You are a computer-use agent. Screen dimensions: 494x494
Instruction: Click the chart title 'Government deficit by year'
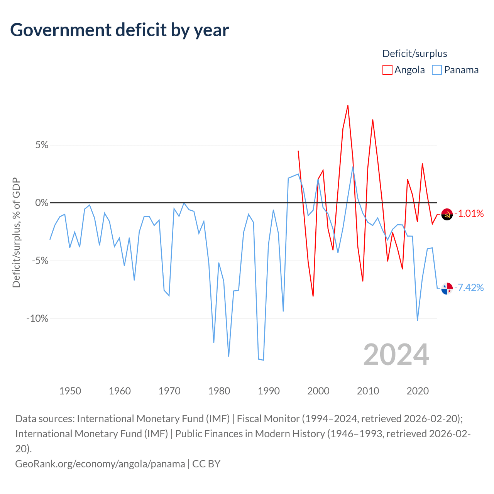tap(119, 30)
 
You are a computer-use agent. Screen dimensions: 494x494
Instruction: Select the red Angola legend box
tap(387, 70)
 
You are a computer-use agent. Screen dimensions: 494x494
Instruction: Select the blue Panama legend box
tap(436, 70)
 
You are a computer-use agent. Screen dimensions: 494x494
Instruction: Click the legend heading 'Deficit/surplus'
tap(414, 54)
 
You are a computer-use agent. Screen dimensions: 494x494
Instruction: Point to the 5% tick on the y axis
tap(42, 145)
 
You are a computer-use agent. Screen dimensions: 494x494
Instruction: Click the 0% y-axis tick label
tap(42, 203)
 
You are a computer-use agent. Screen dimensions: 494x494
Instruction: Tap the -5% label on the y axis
tap(40, 261)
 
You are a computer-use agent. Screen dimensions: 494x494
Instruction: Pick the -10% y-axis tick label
tap(37, 319)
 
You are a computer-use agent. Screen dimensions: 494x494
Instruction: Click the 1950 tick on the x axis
tap(70, 391)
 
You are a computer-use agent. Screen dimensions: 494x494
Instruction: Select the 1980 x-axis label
tap(219, 391)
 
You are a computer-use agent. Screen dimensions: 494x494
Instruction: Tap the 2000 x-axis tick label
tap(318, 391)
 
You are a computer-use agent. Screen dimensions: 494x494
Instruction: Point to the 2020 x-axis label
tap(417, 391)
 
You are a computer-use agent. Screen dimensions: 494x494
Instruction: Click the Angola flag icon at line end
tap(447, 214)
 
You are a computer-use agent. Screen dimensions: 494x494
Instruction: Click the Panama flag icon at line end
tap(447, 288)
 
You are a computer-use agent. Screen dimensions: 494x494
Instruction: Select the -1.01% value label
tap(469, 213)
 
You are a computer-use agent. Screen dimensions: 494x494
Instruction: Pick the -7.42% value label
tap(469, 288)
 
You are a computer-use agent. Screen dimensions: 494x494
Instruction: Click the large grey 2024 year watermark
tap(396, 355)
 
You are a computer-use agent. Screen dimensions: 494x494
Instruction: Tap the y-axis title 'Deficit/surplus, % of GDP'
tap(17, 232)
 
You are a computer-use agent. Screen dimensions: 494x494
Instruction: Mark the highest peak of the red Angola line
tap(348, 106)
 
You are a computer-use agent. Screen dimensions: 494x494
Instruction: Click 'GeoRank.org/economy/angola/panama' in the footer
tap(100, 464)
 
